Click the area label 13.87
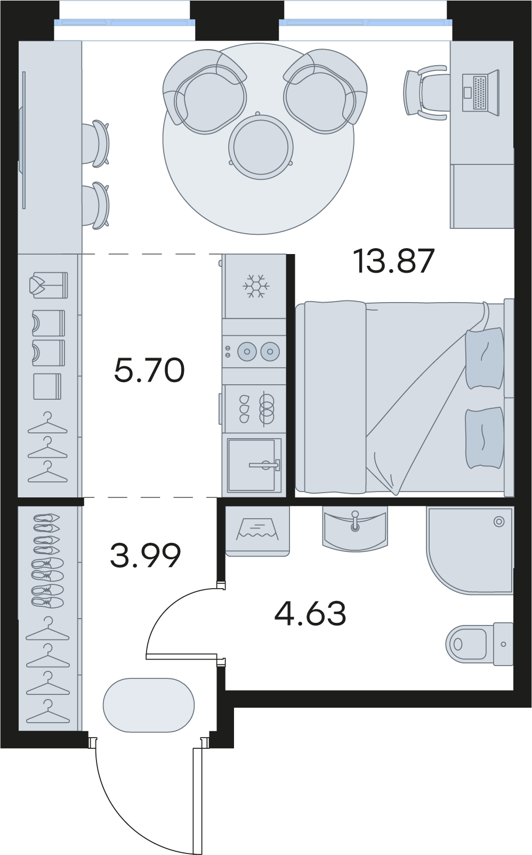click(x=394, y=261)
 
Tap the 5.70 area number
click(x=149, y=370)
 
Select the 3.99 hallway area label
click(x=146, y=556)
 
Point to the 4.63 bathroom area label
click(x=310, y=613)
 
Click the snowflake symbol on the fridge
click(x=256, y=286)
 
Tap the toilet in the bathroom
click(x=479, y=644)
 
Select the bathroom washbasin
click(x=354, y=528)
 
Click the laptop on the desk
click(x=480, y=92)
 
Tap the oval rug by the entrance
click(x=149, y=704)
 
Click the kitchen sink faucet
click(x=264, y=465)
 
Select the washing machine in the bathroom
click(x=257, y=531)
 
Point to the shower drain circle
click(x=499, y=521)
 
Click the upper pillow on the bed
click(x=485, y=358)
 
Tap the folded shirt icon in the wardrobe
click(x=49, y=285)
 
